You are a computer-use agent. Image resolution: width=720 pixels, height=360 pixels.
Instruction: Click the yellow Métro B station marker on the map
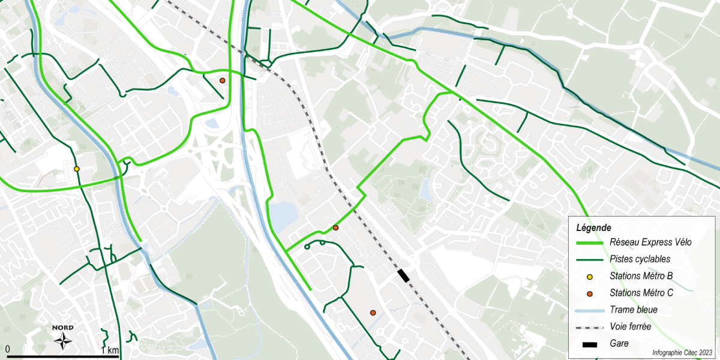coord(76,169)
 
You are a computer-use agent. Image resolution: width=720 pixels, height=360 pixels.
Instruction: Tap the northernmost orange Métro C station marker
coord(222,80)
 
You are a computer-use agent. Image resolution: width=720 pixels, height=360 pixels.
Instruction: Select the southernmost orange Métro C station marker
coord(373,313)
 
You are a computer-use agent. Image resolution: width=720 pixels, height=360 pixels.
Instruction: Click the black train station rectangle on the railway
coord(403,275)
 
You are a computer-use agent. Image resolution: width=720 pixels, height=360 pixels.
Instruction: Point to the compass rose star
coord(62,341)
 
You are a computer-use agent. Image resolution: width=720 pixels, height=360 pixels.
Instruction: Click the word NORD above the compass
coord(62,328)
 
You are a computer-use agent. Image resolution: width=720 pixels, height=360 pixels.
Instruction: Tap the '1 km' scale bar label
coord(110,350)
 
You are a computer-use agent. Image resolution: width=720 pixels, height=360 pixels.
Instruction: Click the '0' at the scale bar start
coord(8,349)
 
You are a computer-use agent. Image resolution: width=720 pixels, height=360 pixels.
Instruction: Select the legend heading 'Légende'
coord(593,228)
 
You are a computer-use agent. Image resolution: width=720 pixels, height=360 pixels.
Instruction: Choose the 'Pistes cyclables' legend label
coord(640,259)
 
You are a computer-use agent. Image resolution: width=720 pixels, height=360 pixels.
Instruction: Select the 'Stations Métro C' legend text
coord(641,293)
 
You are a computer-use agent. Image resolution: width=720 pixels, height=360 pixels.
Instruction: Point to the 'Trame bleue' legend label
coord(633,310)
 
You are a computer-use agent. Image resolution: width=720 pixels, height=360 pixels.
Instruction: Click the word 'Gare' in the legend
coord(619,344)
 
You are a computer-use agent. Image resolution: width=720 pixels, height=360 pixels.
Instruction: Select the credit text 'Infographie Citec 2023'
coord(682,353)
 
